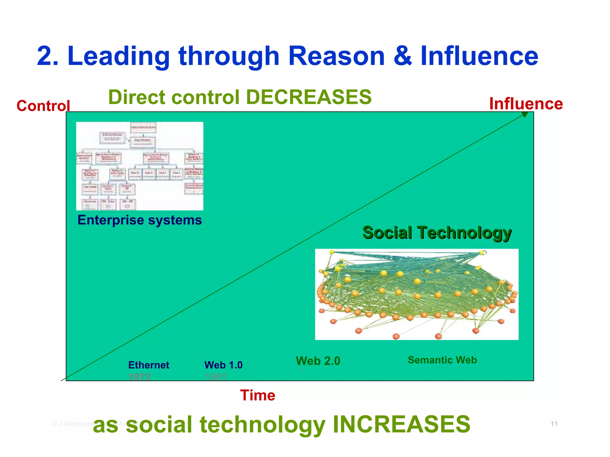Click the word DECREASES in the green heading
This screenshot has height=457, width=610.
pos(309,97)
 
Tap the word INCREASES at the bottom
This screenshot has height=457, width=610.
pos(401,424)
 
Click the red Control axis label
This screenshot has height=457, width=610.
pos(43,106)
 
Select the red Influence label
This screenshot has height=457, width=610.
pos(526,104)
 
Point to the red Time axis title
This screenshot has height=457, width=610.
pos(258,395)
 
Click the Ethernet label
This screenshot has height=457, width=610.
pos(149,365)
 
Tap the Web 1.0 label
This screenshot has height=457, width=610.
pos(223,365)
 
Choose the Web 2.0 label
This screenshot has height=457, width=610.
pos(318,361)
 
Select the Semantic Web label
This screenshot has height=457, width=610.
pos(442,360)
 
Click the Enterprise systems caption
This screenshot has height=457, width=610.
pos(139,220)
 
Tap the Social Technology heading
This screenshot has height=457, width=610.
pos(437,233)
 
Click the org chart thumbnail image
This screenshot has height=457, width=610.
pos(139,166)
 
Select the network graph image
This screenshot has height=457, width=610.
pos(416,294)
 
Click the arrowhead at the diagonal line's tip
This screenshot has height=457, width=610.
pos(525,115)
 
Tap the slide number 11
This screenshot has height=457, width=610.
pos(554,424)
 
